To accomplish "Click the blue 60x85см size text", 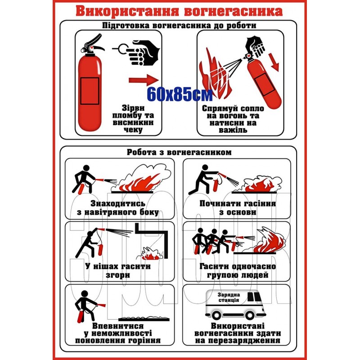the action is coord(180,94).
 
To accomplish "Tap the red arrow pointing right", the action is coord(144,80).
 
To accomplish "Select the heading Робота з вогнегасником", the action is coord(179,152).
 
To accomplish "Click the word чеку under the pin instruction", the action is coord(133,130).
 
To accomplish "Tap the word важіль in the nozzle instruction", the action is coord(233,130).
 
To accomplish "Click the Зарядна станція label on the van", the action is coord(229,297).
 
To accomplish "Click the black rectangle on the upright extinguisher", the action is coord(90,90).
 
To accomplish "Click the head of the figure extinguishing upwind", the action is coord(86,168).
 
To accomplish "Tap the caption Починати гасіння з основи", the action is coord(238,208).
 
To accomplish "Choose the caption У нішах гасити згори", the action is coord(118,271).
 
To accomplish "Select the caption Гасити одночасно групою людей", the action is coord(238,271).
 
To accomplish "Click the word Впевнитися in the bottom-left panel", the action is coord(118,326).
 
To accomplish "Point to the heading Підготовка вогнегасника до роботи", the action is coord(179,25).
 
